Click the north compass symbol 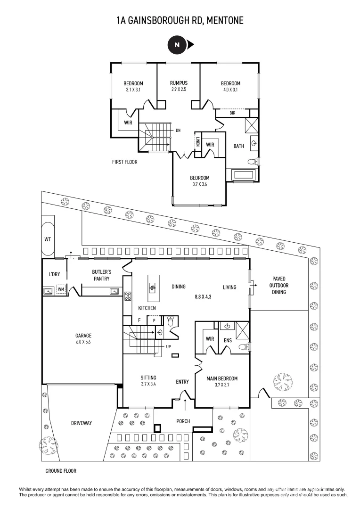[x=177, y=45]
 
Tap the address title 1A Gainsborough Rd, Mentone [x=180, y=20]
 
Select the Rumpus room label [x=179, y=83]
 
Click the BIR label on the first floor [x=232, y=113]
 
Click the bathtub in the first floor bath [x=243, y=175]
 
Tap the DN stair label [x=178, y=131]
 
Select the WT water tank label [x=48, y=239]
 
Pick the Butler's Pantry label [x=101, y=275]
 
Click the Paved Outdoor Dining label [x=277, y=285]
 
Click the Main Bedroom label [x=221, y=378]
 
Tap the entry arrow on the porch [x=185, y=404]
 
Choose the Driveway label [x=82, y=423]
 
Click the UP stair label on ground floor [x=168, y=346]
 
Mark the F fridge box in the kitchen [x=139, y=320]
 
